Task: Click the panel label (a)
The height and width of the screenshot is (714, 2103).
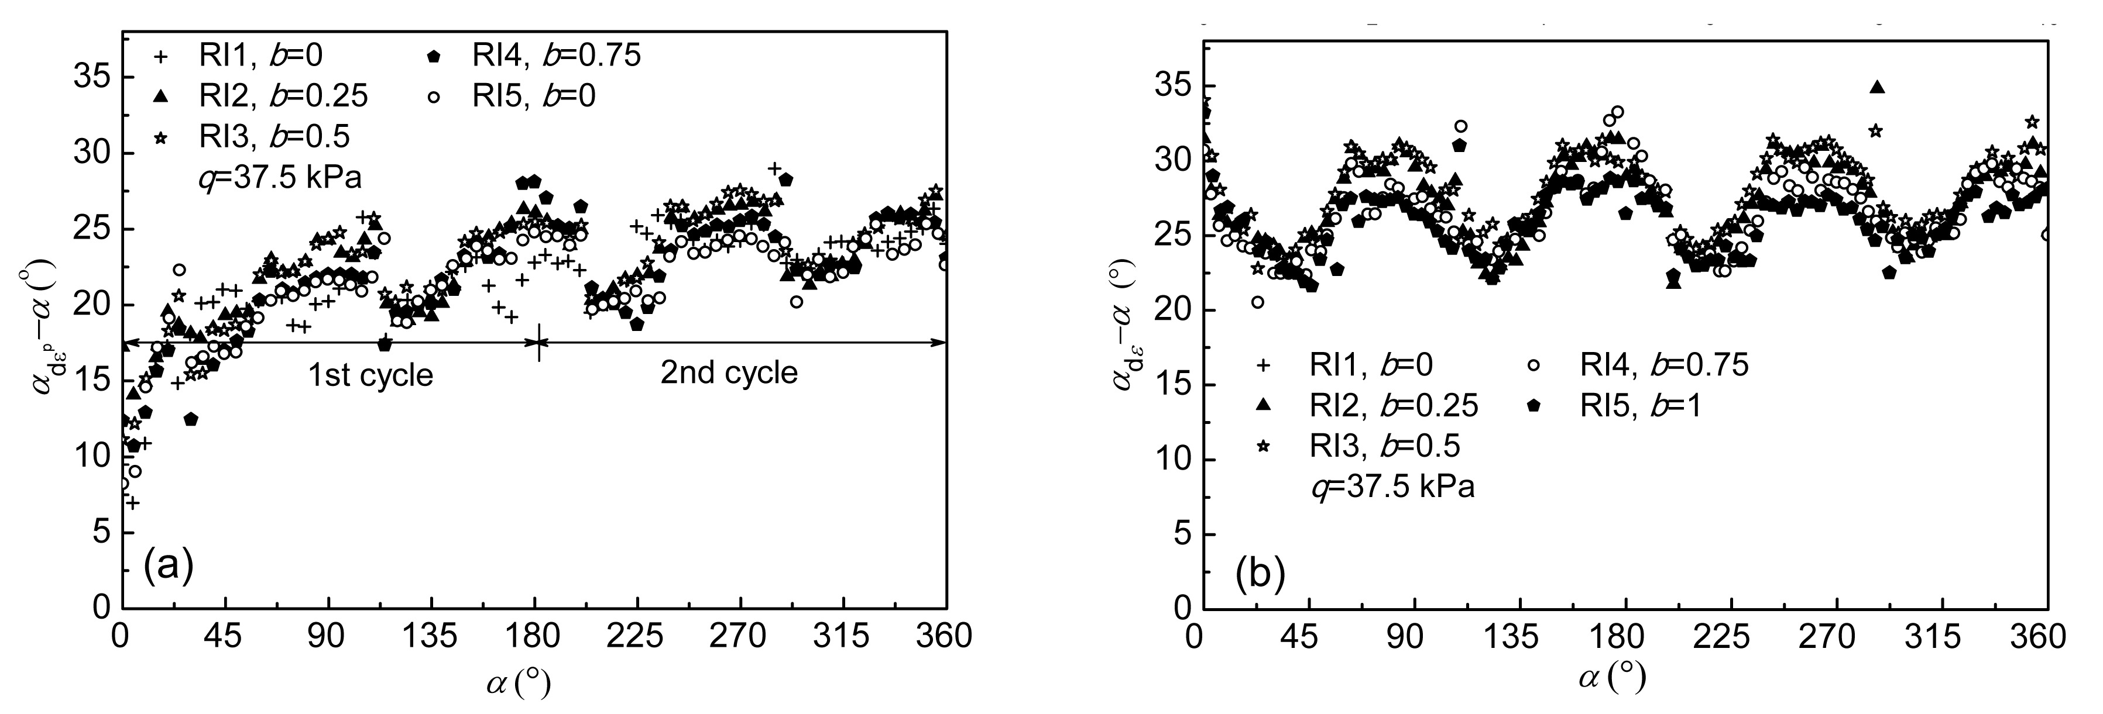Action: click(x=168, y=565)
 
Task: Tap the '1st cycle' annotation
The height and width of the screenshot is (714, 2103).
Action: click(x=370, y=375)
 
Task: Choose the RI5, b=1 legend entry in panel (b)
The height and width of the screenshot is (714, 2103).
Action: click(x=1625, y=406)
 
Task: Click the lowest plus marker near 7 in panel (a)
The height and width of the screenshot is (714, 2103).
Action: click(x=132, y=503)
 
